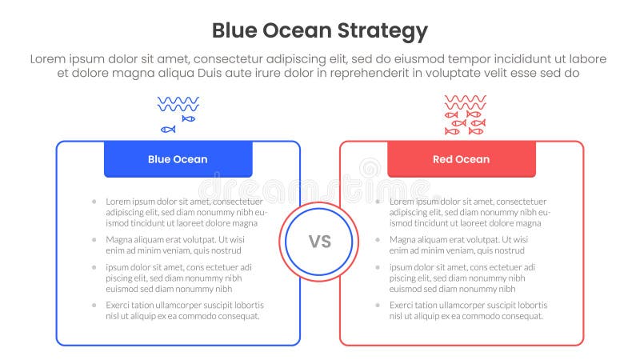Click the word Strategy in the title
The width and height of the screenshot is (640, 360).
pyautogui.click(x=382, y=31)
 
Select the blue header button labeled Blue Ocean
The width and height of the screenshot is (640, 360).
pyautogui.click(x=178, y=159)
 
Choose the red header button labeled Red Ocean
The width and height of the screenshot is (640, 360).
pyautogui.click(x=461, y=159)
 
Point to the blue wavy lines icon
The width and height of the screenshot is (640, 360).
pyautogui.click(x=178, y=104)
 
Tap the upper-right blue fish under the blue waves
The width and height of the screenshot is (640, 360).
pyautogui.click(x=188, y=118)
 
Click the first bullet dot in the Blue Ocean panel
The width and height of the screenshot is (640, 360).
pyautogui.click(x=94, y=201)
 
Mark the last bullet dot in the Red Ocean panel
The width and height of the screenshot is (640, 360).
pyautogui.click(x=378, y=305)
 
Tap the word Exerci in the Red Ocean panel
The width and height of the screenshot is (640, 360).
pyautogui.click(x=403, y=305)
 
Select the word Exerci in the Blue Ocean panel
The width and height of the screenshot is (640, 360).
pyautogui.click(x=119, y=305)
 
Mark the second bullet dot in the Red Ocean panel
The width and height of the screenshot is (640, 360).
pyautogui.click(x=378, y=239)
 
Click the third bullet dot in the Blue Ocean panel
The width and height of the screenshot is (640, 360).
pyautogui.click(x=94, y=266)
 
